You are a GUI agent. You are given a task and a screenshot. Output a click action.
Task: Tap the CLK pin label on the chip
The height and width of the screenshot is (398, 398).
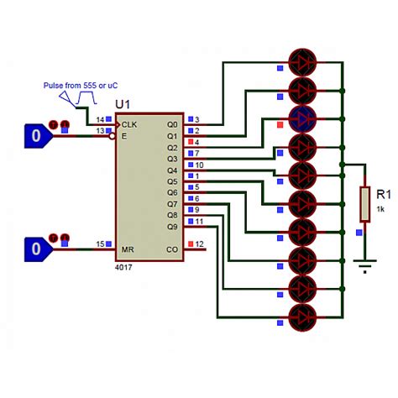130,123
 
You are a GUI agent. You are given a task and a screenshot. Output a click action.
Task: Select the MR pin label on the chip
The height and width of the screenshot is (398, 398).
128,249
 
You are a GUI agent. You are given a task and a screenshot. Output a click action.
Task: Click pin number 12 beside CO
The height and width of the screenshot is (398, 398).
199,244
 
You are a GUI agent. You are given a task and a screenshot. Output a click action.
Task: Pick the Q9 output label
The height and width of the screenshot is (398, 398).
172,227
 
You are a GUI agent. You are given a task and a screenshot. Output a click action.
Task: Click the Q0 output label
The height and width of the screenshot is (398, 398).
172,123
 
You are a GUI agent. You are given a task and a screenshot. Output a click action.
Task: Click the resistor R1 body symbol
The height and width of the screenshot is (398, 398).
364,202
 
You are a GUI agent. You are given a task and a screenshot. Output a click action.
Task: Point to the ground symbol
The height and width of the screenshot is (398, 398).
364,268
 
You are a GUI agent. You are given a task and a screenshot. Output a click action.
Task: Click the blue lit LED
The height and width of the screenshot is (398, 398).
303,118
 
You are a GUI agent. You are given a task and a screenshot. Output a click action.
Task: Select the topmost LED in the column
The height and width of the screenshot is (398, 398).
303,61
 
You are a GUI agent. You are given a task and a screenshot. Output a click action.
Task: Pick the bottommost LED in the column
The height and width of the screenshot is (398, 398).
303,317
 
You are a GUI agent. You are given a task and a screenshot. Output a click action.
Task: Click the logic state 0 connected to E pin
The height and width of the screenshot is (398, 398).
34,134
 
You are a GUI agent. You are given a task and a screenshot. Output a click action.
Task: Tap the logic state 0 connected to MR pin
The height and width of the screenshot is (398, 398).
34,249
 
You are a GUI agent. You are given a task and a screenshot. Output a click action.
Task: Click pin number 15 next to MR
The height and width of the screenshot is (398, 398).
100,244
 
